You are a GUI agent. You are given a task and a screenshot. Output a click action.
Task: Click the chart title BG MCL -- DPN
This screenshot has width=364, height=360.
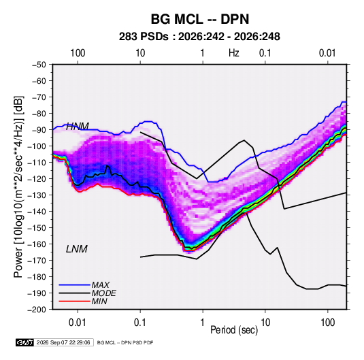coord(200,19)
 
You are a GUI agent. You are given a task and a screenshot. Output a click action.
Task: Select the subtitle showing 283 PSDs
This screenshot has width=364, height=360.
coord(199,37)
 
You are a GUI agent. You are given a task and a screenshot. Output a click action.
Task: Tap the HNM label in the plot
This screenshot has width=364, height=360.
coord(78,127)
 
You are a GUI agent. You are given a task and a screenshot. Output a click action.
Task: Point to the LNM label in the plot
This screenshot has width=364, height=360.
coord(77,249)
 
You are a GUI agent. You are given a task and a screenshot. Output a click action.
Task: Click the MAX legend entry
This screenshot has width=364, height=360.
coord(100,284)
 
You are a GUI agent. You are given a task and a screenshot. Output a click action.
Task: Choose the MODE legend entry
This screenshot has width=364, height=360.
coord(104,293)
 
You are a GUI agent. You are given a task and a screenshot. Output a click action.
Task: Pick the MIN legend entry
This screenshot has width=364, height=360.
coord(99,301)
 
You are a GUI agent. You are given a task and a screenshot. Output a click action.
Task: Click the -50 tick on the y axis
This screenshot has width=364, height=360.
coord(39,65)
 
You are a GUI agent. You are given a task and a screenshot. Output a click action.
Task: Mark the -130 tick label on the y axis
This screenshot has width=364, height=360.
coord(37,195)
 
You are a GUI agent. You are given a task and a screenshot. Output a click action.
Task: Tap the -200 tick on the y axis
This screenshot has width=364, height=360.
coord(37,310)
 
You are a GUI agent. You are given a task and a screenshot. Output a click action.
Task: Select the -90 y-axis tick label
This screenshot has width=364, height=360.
coord(39,130)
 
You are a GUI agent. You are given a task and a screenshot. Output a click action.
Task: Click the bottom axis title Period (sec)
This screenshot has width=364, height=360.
coord(234,330)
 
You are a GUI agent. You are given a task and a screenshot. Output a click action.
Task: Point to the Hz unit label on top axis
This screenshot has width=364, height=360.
coord(234,53)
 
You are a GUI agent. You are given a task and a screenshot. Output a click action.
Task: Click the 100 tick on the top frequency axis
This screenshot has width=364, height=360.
coord(78,53)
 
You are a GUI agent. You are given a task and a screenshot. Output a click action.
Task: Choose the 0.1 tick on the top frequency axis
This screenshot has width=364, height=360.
coord(265,53)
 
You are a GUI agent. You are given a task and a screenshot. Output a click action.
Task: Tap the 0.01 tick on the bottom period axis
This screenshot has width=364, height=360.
coord(78,323)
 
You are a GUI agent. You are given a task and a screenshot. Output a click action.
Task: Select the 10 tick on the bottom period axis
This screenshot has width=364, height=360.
coord(265,323)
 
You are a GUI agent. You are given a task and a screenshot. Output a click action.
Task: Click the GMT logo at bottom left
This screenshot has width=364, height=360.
coord(24,342)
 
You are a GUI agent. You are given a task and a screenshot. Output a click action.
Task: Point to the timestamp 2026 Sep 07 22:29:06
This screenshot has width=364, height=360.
coord(63,342)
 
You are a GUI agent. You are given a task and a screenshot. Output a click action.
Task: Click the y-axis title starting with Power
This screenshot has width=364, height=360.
coord(18,186)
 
